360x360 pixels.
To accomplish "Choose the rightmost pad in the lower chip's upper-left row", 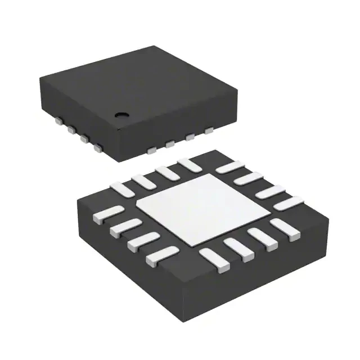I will [x=187, y=164].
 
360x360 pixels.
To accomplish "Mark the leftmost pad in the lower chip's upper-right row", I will [x=228, y=167].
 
